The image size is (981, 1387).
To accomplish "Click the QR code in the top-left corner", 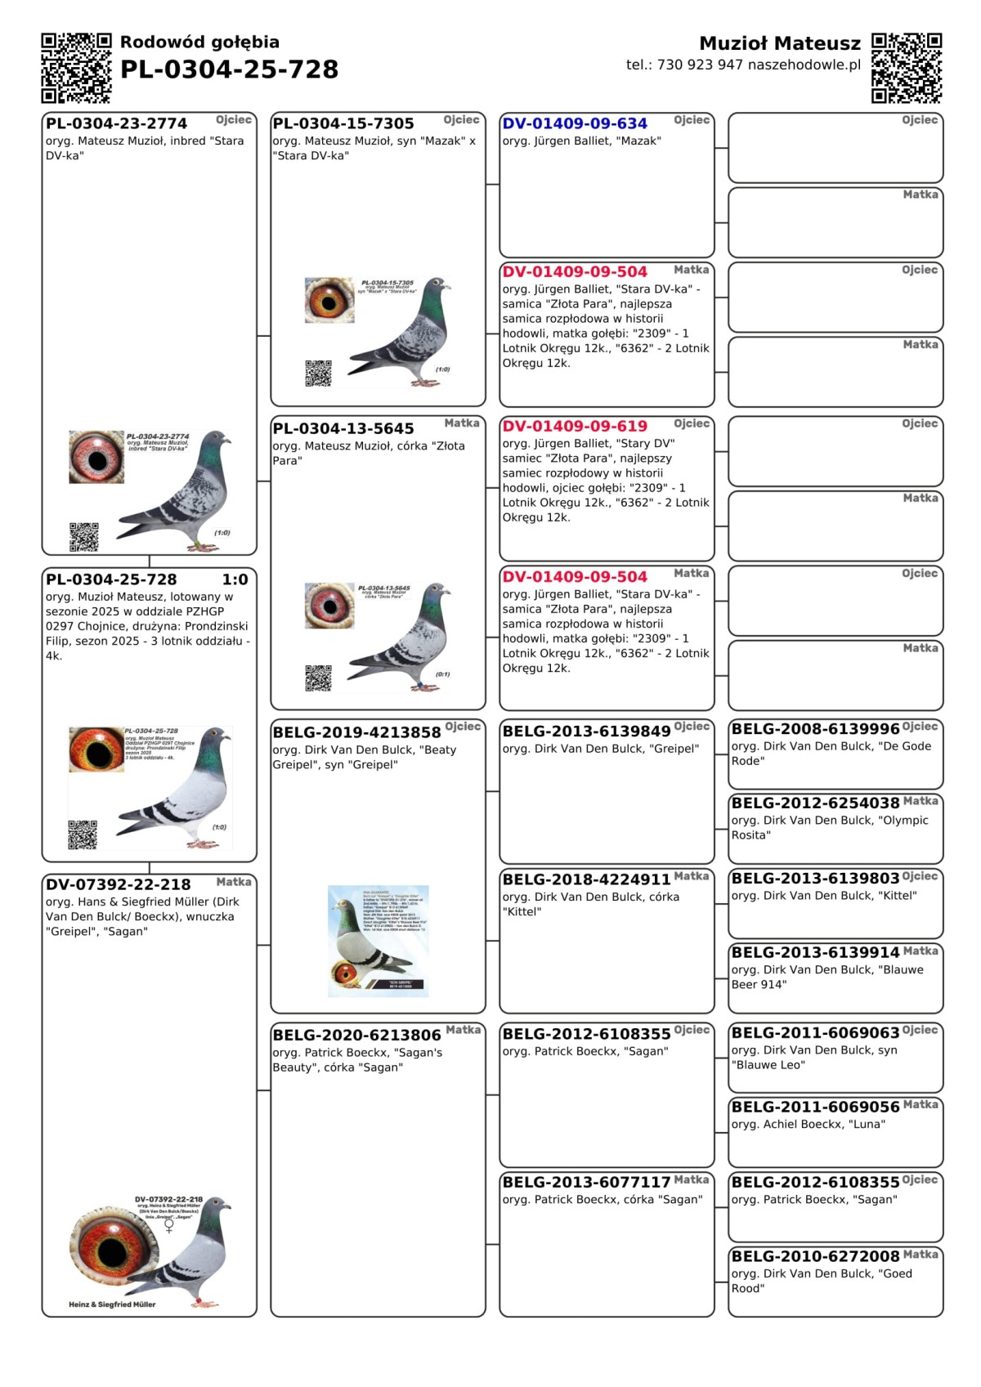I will point(76,68).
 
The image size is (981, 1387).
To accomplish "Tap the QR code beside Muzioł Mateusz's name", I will point(907,68).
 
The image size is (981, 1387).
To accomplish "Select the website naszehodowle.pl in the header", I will point(804,65).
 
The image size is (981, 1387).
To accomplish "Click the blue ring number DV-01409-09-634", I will point(575,123).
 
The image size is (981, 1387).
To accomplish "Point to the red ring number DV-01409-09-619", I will point(575,426).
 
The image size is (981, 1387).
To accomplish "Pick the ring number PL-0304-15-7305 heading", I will point(343,123).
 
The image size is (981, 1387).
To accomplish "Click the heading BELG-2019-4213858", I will point(356,732).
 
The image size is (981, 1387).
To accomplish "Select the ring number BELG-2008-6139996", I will point(815,728).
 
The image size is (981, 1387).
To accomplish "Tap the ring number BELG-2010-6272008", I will point(815,1255).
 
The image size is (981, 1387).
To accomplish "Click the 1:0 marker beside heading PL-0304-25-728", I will point(235,579).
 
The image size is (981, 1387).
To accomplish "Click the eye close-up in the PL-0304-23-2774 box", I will point(96,457).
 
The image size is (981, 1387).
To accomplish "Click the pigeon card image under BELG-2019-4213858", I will point(379,941).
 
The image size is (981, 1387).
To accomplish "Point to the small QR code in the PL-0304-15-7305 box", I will point(319,373).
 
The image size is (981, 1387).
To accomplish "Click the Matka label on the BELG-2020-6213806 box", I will point(463,1030).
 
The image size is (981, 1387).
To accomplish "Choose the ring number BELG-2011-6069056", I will point(815,1107).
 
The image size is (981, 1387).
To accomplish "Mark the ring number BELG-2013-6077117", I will point(586,1182).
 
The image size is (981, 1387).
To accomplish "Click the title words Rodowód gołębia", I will point(199,43).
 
